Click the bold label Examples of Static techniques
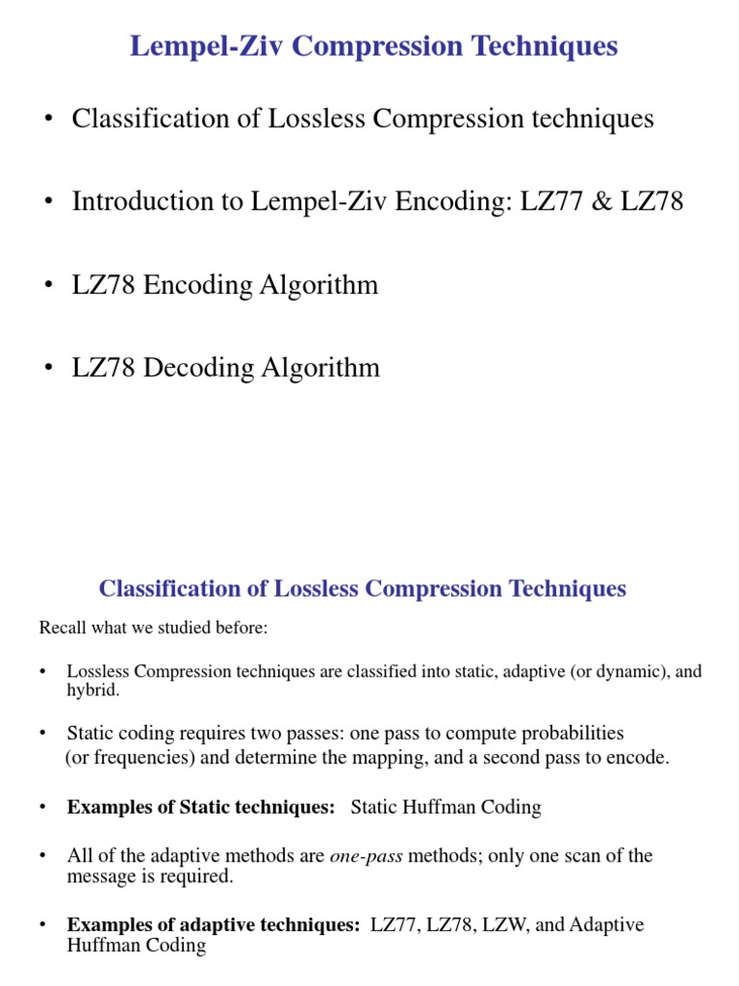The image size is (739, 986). point(200,808)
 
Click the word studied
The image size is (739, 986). point(198,628)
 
